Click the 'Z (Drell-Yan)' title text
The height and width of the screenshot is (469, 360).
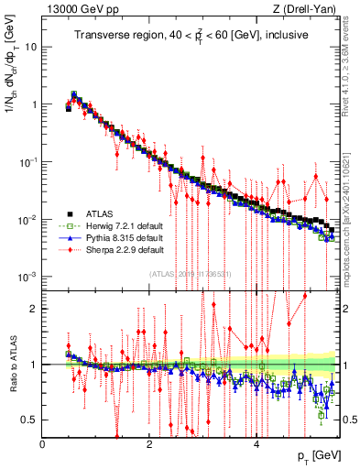(303, 9)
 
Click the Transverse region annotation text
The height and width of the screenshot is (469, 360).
(191, 35)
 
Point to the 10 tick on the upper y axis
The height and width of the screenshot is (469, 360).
(31, 46)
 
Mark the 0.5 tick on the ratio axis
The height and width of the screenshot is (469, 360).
(29, 420)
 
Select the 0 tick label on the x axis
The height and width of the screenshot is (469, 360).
(42, 444)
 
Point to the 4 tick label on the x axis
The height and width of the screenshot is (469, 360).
(257, 444)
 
